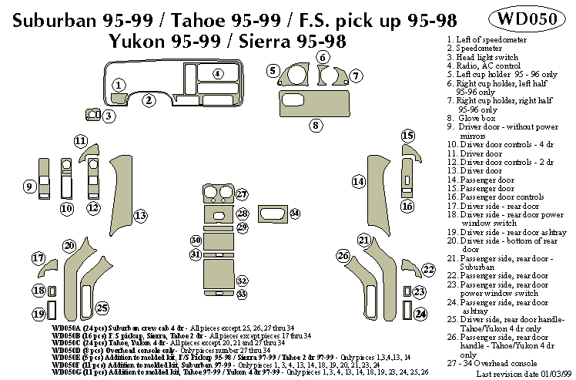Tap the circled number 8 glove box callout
pos(315,124)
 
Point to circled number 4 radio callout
pos(218,73)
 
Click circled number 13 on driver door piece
pos(140,215)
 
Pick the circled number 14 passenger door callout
pos(358,181)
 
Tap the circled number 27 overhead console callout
pos(242,194)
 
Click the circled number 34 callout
pos(295,213)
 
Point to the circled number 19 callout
pos(38,314)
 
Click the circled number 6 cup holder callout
pos(323,58)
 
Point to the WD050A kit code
pos(70,328)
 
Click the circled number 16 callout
pos(407,206)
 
